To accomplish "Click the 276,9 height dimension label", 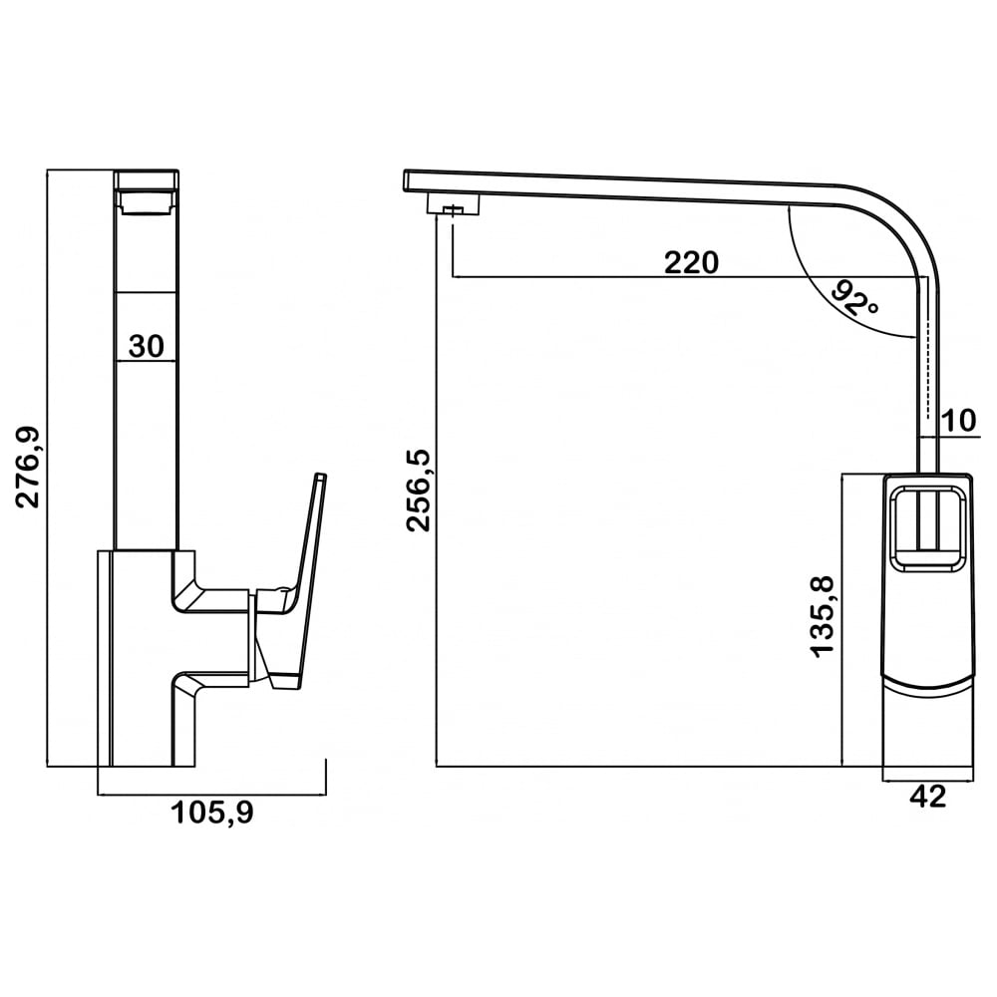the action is (x=28, y=468).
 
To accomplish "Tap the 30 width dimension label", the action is (x=147, y=347).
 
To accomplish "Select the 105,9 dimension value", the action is (x=211, y=813).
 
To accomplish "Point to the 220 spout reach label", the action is (x=691, y=262).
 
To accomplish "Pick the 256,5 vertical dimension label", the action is (x=420, y=490).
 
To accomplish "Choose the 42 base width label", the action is (x=928, y=796).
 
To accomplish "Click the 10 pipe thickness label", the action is (x=959, y=421).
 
